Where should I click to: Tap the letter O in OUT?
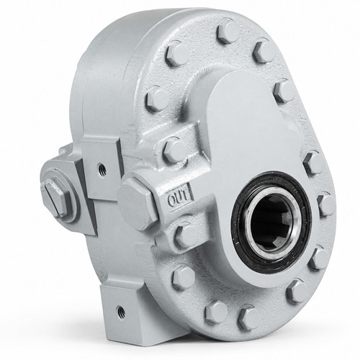(172, 201)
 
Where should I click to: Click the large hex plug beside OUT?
(138, 204)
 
